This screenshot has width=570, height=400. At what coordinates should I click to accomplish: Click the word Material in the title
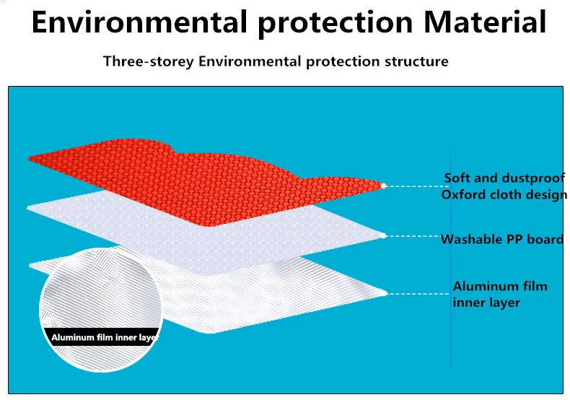(485, 22)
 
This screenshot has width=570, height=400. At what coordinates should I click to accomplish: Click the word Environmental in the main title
(139, 22)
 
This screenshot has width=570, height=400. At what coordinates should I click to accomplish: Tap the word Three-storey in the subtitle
(149, 61)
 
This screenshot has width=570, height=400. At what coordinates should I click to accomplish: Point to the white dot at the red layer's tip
(383, 186)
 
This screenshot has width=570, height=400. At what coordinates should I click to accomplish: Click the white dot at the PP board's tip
(383, 235)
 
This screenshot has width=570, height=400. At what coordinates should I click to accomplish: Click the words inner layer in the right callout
(486, 303)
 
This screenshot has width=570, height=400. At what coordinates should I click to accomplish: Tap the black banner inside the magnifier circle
(102, 337)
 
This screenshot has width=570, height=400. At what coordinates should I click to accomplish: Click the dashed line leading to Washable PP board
(413, 236)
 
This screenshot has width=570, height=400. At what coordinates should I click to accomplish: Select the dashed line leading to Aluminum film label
(418, 294)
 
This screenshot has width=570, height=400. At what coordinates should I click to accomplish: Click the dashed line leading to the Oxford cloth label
(417, 186)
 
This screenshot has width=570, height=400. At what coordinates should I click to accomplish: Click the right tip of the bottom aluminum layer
(387, 292)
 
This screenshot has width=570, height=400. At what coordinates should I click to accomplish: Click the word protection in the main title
(336, 22)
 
